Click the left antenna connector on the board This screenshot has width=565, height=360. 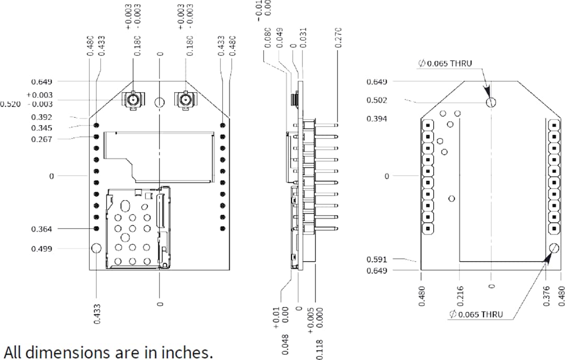tap(132, 99)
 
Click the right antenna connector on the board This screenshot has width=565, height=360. tap(185, 99)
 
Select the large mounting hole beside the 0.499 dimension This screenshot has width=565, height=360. tap(96, 249)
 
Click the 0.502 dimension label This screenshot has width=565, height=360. tap(377, 100)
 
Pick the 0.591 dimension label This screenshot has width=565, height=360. tap(377, 259)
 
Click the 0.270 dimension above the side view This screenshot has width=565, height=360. tap(338, 38)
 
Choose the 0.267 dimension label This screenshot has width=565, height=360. tap(41, 139)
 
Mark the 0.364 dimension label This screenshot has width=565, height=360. tap(41, 229)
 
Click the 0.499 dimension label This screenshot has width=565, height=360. tap(41, 249)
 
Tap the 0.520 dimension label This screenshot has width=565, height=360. tap(10, 104)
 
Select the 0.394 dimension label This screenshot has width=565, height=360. tap(377, 119)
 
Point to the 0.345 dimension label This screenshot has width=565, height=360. tap(41, 128)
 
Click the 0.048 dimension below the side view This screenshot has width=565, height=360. tap(285, 344)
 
